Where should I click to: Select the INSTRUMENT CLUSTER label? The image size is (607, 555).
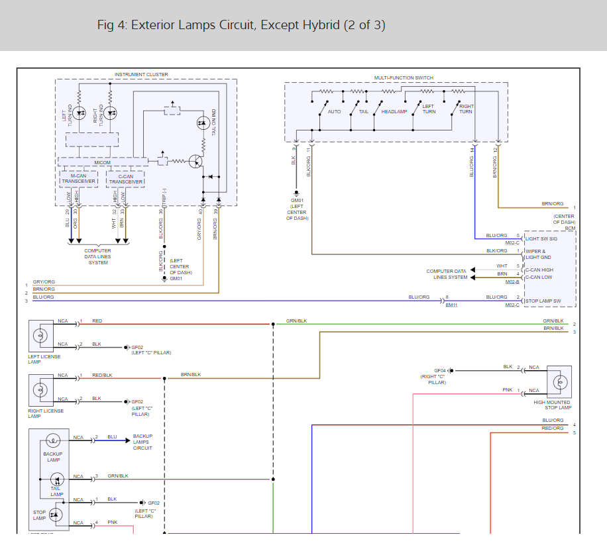(x=141, y=75)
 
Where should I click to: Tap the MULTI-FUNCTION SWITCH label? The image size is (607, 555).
(x=404, y=78)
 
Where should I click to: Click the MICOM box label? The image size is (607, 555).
(x=102, y=162)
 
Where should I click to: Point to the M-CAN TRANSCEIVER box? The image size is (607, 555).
(x=79, y=179)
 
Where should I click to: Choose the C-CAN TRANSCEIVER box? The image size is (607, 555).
(x=126, y=179)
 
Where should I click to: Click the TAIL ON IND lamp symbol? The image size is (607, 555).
(x=203, y=124)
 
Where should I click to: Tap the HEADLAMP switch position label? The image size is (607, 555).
(x=394, y=112)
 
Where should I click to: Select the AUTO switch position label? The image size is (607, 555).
(x=334, y=112)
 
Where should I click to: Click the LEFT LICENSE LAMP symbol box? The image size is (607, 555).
(x=41, y=336)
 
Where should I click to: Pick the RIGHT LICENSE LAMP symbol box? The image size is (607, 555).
(x=41, y=390)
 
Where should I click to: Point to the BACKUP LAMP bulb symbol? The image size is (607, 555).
(x=53, y=440)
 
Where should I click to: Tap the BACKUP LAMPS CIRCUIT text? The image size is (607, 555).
(x=142, y=442)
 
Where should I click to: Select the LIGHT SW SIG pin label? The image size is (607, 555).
(x=541, y=238)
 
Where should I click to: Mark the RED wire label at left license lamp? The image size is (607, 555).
(x=97, y=321)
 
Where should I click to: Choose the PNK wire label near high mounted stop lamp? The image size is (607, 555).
(x=508, y=390)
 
